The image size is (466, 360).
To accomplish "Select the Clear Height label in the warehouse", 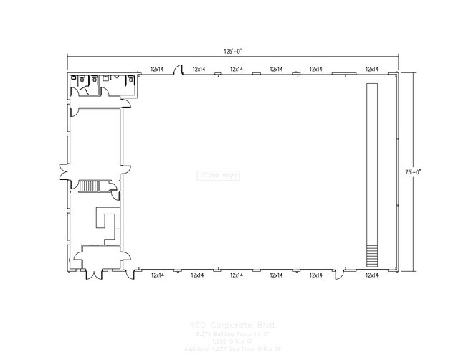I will coord(218,174).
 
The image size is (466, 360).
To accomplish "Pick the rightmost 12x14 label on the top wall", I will coord(371,69).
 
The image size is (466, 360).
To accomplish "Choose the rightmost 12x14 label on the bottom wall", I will coord(371,275).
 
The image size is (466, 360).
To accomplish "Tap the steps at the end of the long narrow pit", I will coord(371,255).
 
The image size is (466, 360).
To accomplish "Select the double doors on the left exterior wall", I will coord(65,172).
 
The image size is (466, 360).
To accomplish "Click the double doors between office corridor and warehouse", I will coord(125,172).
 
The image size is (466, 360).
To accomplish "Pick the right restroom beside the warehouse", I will coord(118,84).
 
